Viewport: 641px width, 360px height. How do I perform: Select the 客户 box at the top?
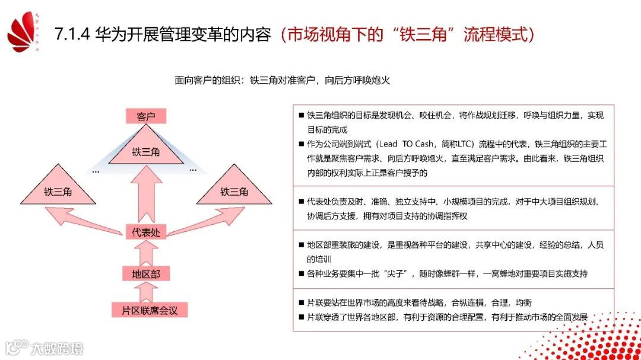146,116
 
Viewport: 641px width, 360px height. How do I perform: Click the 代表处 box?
146,232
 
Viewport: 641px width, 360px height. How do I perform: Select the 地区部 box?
146,273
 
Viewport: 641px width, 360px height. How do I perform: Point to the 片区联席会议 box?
146,310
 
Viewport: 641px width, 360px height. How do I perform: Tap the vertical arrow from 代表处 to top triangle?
146,196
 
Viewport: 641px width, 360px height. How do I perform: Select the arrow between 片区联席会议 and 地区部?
146,292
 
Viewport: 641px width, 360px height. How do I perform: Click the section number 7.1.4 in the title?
72,34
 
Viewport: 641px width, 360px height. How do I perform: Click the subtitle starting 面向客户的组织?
282,80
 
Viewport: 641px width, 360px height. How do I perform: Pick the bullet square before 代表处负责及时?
302,202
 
